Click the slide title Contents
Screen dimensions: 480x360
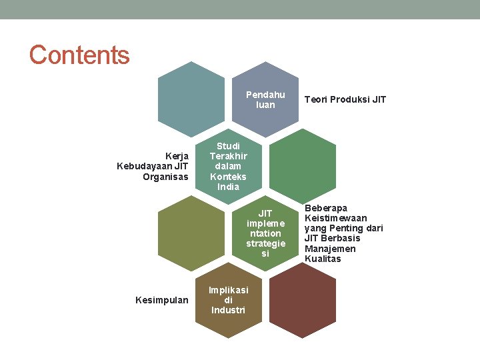click(79, 55)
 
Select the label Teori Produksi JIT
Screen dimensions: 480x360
click(345, 100)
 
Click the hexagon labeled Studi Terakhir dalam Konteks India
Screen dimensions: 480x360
click(228, 166)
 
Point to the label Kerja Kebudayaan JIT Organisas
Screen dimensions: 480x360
click(152, 166)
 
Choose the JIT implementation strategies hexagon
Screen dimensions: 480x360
click(265, 233)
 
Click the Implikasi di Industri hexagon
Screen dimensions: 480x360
click(228, 301)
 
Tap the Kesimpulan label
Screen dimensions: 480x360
click(161, 301)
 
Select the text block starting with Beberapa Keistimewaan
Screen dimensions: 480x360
click(343, 233)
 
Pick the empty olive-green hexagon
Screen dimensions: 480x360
click(191, 233)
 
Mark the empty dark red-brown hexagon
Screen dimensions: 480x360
click(302, 301)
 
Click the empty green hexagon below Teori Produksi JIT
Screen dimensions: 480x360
click(302, 166)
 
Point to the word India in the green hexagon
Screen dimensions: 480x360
click(228, 187)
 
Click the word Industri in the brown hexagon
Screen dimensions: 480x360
click(228, 310)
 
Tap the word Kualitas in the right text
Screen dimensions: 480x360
click(323, 259)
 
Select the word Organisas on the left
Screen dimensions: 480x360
click(165, 177)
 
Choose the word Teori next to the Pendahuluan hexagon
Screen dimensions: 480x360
click(316, 100)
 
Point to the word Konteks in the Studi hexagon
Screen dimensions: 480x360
click(228, 177)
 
